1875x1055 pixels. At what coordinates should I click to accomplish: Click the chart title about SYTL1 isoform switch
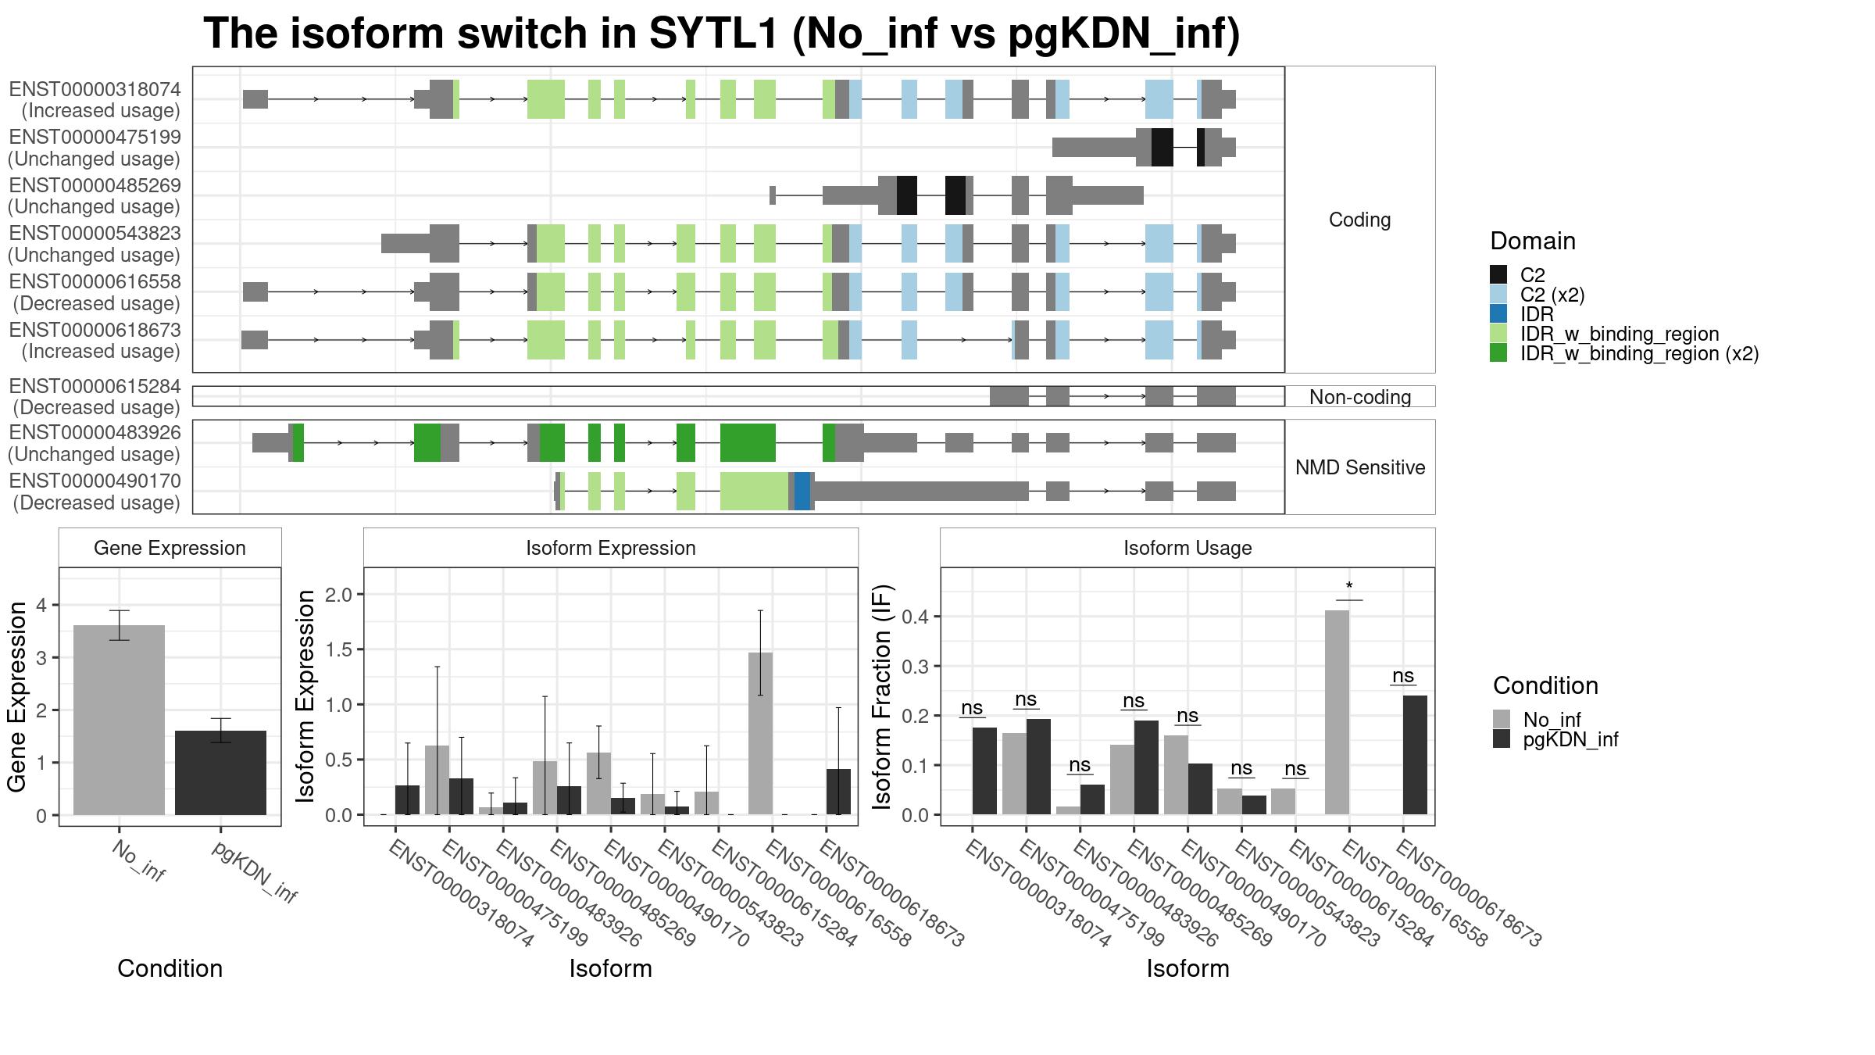721,34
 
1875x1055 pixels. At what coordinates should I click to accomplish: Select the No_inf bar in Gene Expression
119,719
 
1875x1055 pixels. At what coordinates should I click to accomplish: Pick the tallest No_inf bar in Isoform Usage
1337,712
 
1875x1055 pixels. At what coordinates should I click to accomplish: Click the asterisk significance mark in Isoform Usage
1349,587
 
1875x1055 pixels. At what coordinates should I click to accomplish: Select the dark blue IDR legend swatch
1498,314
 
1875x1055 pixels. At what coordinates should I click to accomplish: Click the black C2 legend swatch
1498,274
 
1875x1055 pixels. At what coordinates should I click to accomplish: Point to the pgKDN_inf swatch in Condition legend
1502,739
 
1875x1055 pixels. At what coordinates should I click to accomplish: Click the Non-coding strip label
1359,397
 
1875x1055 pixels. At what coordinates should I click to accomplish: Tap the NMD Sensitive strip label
1359,467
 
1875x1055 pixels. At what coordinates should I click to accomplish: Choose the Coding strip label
1359,220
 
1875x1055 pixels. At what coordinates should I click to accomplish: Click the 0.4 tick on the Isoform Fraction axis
916,617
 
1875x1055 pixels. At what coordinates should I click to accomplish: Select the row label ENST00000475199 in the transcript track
95,138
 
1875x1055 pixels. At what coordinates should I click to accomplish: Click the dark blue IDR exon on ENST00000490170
802,491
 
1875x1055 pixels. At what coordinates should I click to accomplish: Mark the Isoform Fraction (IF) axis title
883,696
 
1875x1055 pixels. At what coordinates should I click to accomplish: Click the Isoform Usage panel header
1187,548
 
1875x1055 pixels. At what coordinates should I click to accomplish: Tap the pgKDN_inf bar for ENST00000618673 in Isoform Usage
1415,755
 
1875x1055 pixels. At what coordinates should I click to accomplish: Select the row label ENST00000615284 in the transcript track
95,387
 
